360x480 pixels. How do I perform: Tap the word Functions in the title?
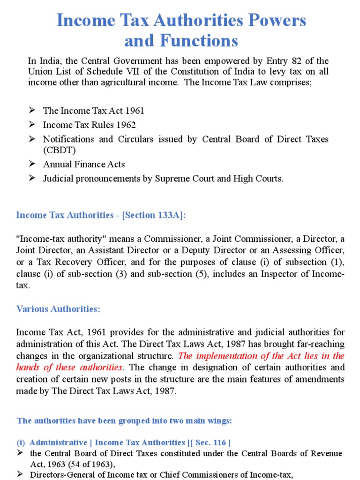pyautogui.click(x=204, y=41)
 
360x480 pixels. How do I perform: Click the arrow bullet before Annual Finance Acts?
pyautogui.click(x=32, y=164)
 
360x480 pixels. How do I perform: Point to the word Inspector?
pyautogui.click(x=281, y=273)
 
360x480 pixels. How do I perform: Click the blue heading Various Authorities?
pyautogui.click(x=58, y=309)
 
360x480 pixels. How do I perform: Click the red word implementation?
pyautogui.click(x=221, y=356)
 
